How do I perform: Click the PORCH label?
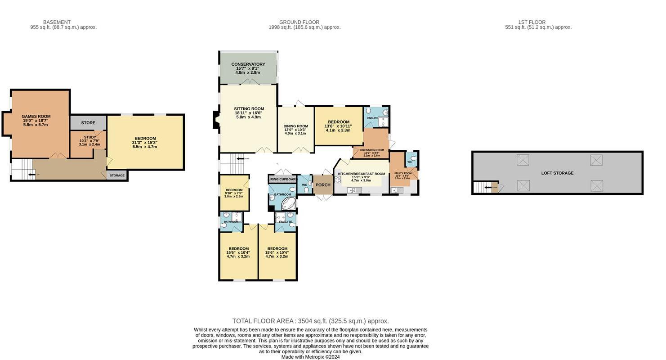323,185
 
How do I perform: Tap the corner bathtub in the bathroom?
289,204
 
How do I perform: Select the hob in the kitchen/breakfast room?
337,179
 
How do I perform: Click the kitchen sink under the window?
354,190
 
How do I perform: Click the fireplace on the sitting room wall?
216,120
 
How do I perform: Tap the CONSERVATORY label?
248,64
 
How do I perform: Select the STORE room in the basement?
88,123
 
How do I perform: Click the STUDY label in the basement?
89,137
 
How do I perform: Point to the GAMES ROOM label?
36,117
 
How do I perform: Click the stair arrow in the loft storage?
488,187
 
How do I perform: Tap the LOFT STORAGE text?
557,173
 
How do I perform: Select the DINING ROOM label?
295,126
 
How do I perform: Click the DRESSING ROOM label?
372,150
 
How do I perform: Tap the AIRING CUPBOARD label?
283,179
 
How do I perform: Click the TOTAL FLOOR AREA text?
310,321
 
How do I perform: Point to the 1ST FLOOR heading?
532,22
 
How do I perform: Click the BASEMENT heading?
57,22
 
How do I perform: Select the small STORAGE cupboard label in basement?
117,175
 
